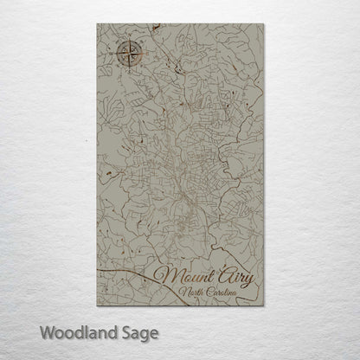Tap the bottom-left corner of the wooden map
tap(98, 305)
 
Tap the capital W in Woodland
tap(45, 331)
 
